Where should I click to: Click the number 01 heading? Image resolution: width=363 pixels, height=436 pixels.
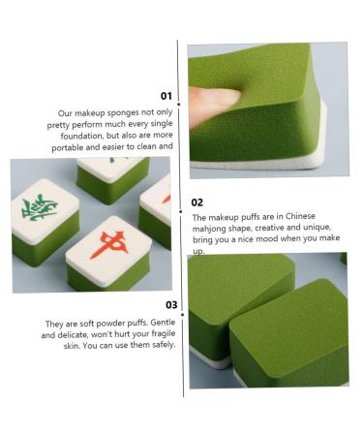point(166,96)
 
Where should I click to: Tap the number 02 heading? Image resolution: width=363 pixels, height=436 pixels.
point(197,202)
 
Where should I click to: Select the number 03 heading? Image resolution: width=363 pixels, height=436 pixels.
point(170,304)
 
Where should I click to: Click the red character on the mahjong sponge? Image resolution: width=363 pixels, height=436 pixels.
point(107,241)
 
